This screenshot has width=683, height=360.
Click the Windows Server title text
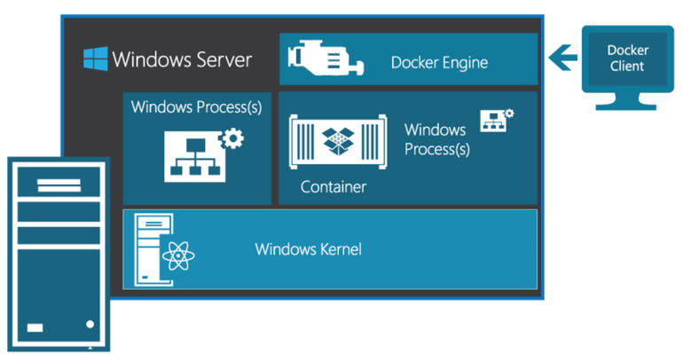click(182, 60)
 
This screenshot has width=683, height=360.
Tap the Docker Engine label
click(439, 63)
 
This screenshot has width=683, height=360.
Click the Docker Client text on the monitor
click(626, 59)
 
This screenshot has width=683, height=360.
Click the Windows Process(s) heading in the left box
click(196, 107)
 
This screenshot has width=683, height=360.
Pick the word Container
click(334, 187)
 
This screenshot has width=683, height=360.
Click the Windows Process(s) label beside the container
click(436, 139)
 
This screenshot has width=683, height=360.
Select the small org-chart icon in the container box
click(494, 122)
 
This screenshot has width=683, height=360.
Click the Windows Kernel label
click(308, 249)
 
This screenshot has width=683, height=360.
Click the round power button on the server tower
click(89, 325)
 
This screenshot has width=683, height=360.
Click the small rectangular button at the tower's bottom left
click(35, 326)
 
